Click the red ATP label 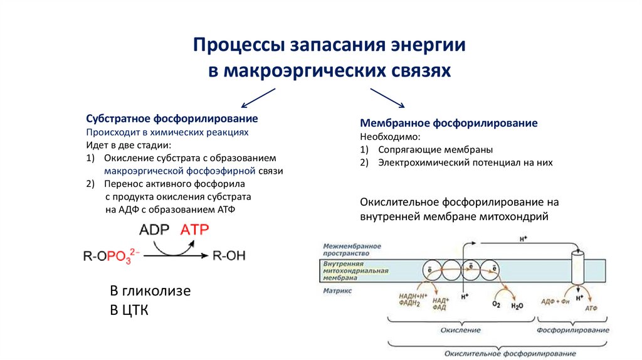[194, 230]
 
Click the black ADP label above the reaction [154, 230]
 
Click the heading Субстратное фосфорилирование [172, 119]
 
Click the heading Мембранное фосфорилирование [449, 124]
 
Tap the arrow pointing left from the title [258, 98]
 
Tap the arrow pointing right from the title [387, 98]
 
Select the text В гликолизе [150, 292]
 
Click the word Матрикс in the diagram [338, 291]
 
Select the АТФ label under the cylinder [591, 309]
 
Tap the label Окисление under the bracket [460, 329]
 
